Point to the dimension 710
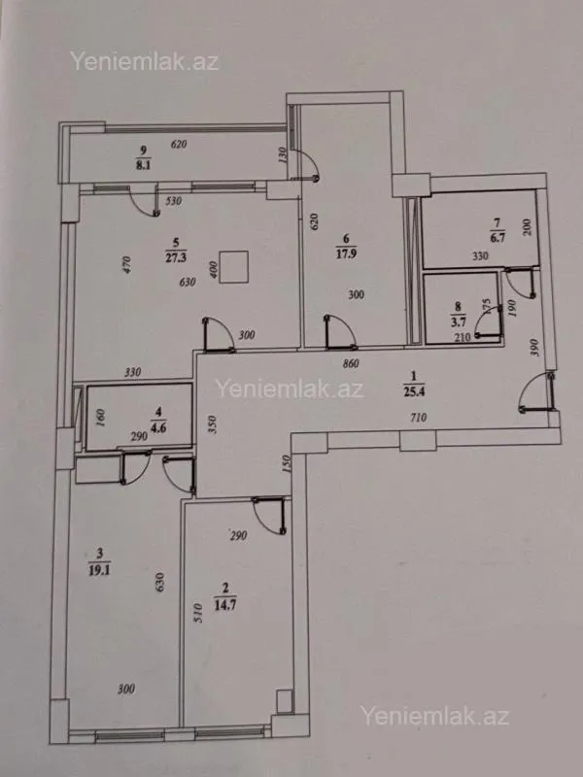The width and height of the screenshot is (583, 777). (x=420, y=418)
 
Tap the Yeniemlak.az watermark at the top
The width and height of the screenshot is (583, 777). (x=144, y=60)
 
